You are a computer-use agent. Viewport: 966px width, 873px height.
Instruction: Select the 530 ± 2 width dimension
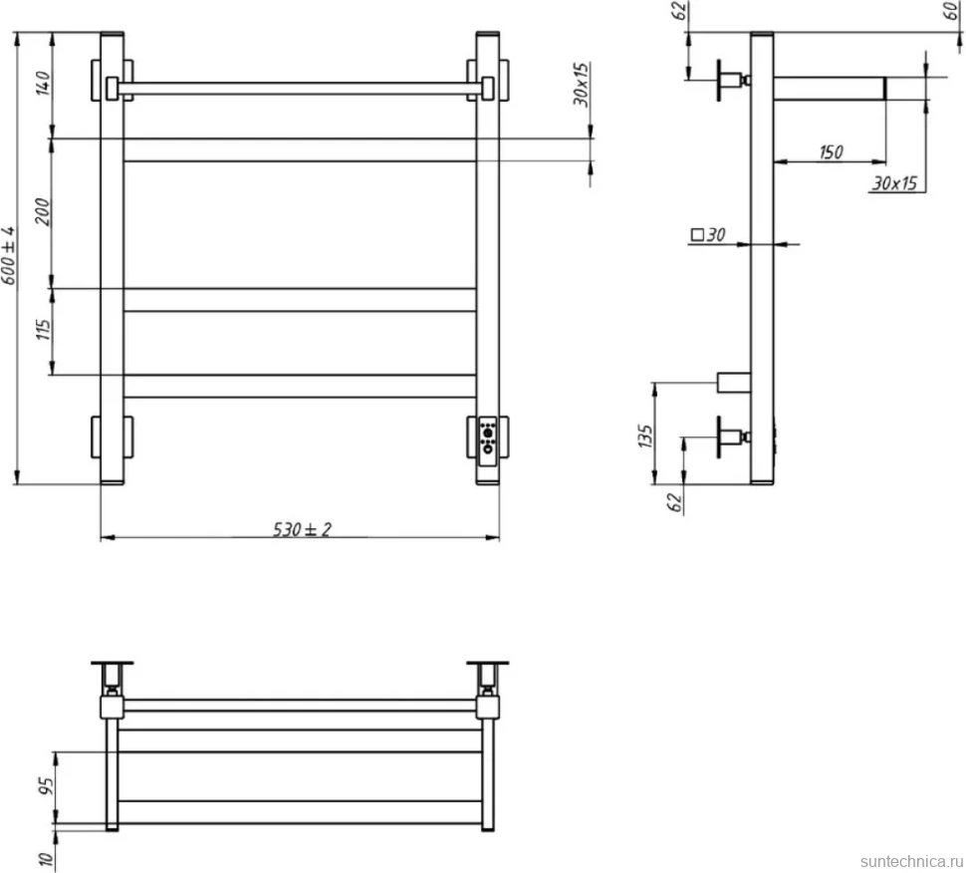[302, 529]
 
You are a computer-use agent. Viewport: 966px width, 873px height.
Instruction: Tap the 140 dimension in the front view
[43, 84]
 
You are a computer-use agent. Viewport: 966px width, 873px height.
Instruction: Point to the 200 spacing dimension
[43, 211]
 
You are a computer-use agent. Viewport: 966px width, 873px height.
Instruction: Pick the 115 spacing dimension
[43, 329]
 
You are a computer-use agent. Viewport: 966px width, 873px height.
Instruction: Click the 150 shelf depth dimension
[832, 151]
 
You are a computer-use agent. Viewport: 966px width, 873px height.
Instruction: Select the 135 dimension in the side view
[645, 436]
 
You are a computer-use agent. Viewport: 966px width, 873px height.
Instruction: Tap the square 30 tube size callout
[708, 234]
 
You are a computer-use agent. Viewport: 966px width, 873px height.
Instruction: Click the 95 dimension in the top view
[46, 786]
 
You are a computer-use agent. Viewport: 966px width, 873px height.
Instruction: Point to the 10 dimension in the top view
[46, 858]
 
